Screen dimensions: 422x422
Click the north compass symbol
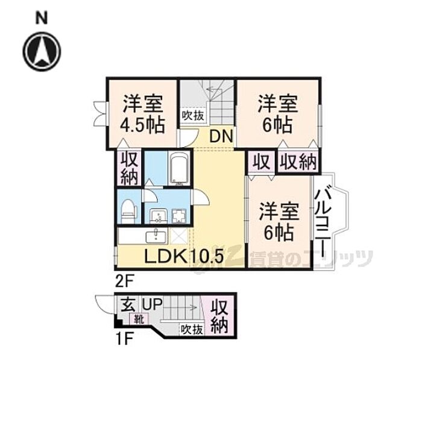(x=42, y=51)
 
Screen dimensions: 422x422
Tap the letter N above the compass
(x=42, y=18)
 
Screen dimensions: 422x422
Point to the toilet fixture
(x=128, y=209)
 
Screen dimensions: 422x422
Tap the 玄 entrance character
(x=127, y=306)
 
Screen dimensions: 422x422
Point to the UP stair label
(x=151, y=305)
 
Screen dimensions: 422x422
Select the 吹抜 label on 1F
(x=191, y=330)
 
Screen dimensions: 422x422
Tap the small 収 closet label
(x=260, y=162)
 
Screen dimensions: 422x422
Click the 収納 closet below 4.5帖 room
(x=128, y=168)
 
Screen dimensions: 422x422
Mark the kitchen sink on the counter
(x=158, y=235)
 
